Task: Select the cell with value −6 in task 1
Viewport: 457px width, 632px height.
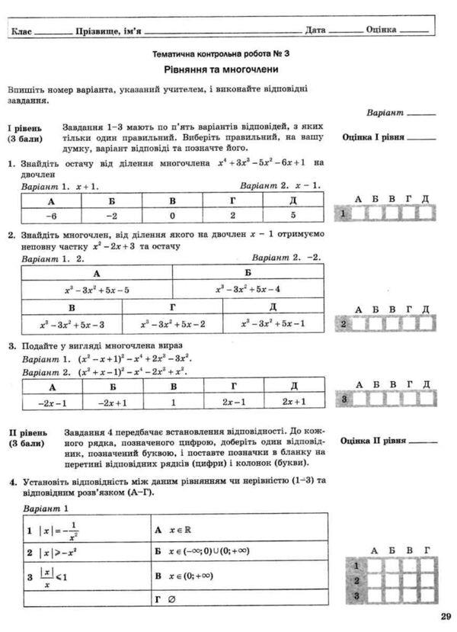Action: [x=52, y=217]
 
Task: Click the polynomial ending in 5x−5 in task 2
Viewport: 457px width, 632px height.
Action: [x=97, y=290]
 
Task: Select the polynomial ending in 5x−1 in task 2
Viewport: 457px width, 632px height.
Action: [x=273, y=324]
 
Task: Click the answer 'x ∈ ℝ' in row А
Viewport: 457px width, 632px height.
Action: [x=175, y=529]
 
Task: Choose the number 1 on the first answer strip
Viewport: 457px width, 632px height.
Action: [x=344, y=214]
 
